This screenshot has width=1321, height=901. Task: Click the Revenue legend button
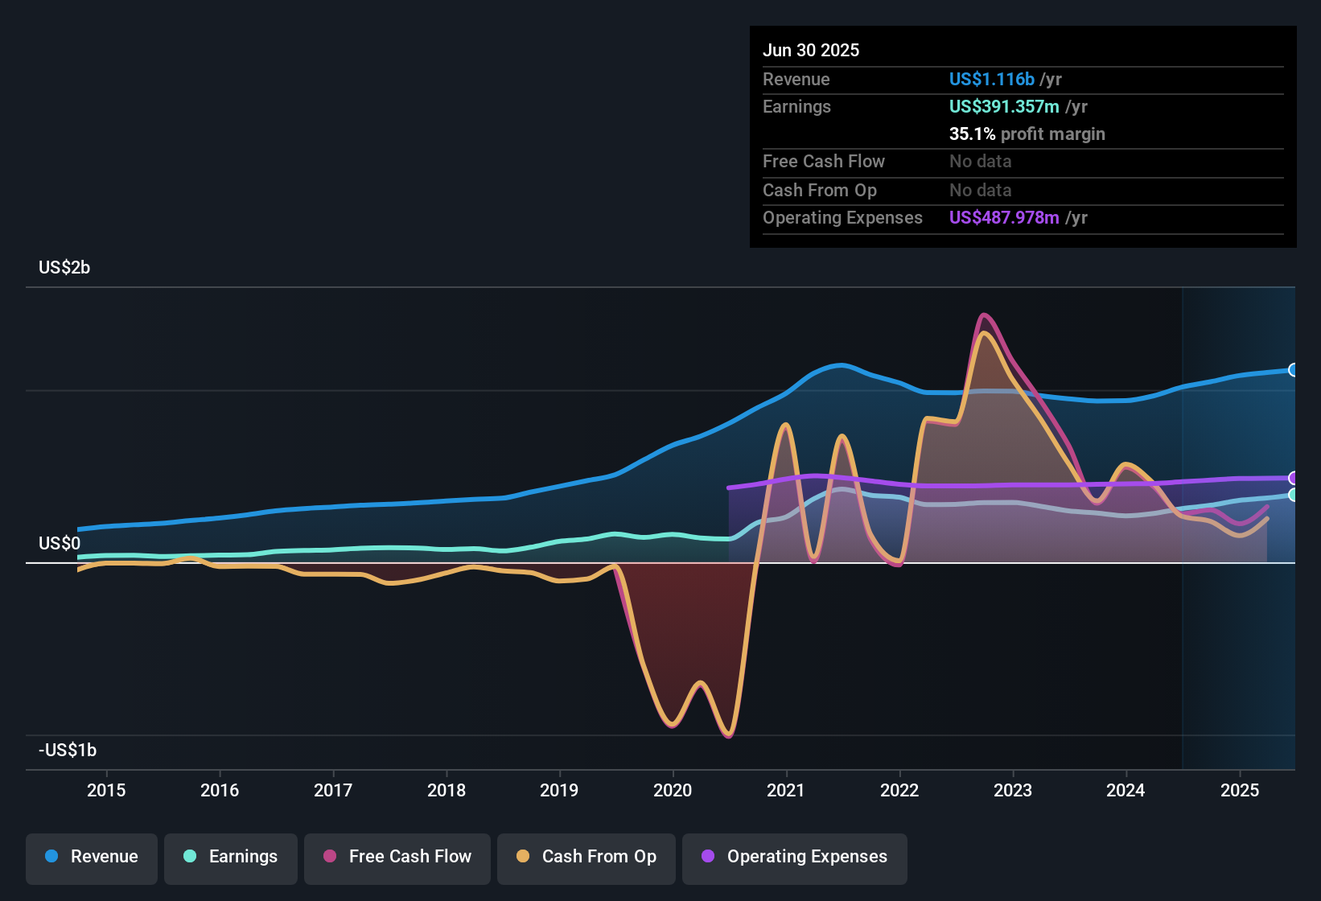tap(92, 857)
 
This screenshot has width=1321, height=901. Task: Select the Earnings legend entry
tap(231, 857)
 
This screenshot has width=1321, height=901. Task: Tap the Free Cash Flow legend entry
tap(397, 857)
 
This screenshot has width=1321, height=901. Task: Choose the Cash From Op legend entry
tap(586, 857)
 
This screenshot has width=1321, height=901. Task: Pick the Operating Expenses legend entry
tap(795, 857)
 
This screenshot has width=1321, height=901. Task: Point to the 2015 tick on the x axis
tap(106, 790)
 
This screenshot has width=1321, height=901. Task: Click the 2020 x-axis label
tap(673, 790)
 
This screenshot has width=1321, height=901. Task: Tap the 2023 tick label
tap(1013, 790)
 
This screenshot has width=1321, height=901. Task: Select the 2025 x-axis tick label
tap(1240, 790)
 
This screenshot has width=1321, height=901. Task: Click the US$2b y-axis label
tap(64, 268)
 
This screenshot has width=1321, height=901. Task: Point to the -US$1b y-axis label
tap(68, 751)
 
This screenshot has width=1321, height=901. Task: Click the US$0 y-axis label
tap(60, 544)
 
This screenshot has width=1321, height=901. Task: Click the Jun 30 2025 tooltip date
tap(811, 51)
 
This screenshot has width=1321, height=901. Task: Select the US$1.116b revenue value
tap(991, 80)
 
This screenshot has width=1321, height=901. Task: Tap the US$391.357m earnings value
tap(1004, 107)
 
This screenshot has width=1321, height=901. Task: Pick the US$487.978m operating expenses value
tap(1004, 218)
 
